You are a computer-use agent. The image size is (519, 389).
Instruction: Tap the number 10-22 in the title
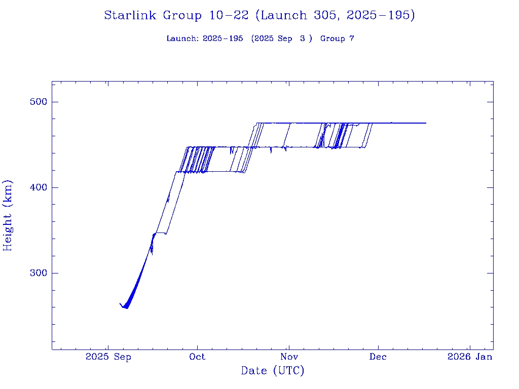[x=229, y=16]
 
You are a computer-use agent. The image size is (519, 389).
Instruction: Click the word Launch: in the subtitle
[x=182, y=39]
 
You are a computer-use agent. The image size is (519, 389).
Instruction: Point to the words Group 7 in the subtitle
[x=337, y=39]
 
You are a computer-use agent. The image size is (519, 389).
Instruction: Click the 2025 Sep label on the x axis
[x=108, y=357]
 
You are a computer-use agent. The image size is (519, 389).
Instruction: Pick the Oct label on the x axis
[x=198, y=357]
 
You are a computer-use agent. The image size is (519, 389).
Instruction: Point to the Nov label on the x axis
[x=288, y=357]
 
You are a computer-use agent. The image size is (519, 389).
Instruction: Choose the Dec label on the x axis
[x=378, y=357]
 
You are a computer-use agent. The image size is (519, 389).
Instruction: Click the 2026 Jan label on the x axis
[x=469, y=357]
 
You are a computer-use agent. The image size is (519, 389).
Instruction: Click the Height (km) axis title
[x=8, y=215]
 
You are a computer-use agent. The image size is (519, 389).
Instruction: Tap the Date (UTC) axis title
[x=273, y=371]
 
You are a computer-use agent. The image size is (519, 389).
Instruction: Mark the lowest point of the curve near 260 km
[x=126, y=308]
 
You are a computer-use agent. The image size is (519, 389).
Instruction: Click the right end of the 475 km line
[x=426, y=123]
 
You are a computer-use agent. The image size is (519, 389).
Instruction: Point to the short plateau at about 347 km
[x=160, y=232]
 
